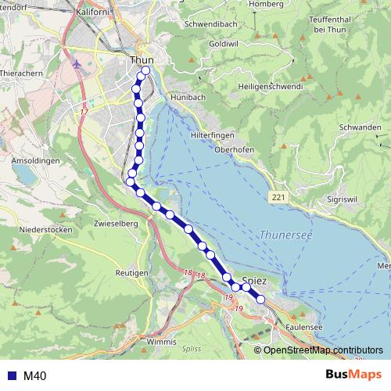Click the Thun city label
(x=142, y=59)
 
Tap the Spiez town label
(x=255, y=281)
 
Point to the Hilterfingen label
(x=212, y=135)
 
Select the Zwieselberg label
(x=115, y=223)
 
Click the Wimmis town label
(x=162, y=342)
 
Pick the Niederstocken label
(x=47, y=230)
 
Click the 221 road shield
(x=279, y=198)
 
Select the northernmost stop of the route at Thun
(x=145, y=72)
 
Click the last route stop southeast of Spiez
(x=260, y=299)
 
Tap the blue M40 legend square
(x=11, y=376)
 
